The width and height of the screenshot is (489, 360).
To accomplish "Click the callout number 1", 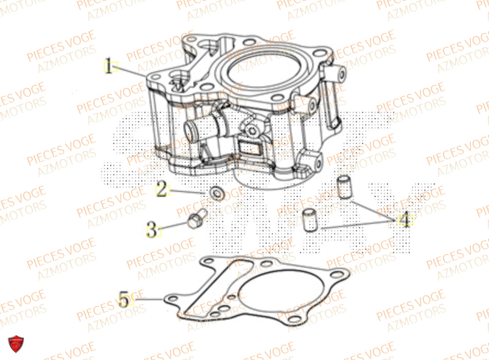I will [111, 66].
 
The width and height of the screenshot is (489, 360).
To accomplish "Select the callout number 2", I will [161, 190].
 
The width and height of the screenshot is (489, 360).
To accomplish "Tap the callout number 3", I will [153, 229].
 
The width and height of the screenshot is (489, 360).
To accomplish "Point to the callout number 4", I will [404, 221].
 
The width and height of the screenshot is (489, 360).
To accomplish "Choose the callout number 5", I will [124, 299].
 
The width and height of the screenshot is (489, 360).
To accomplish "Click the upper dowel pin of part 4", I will [345, 188].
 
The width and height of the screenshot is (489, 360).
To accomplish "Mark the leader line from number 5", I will [149, 298].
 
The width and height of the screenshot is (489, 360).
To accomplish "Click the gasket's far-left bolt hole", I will [172, 298].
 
